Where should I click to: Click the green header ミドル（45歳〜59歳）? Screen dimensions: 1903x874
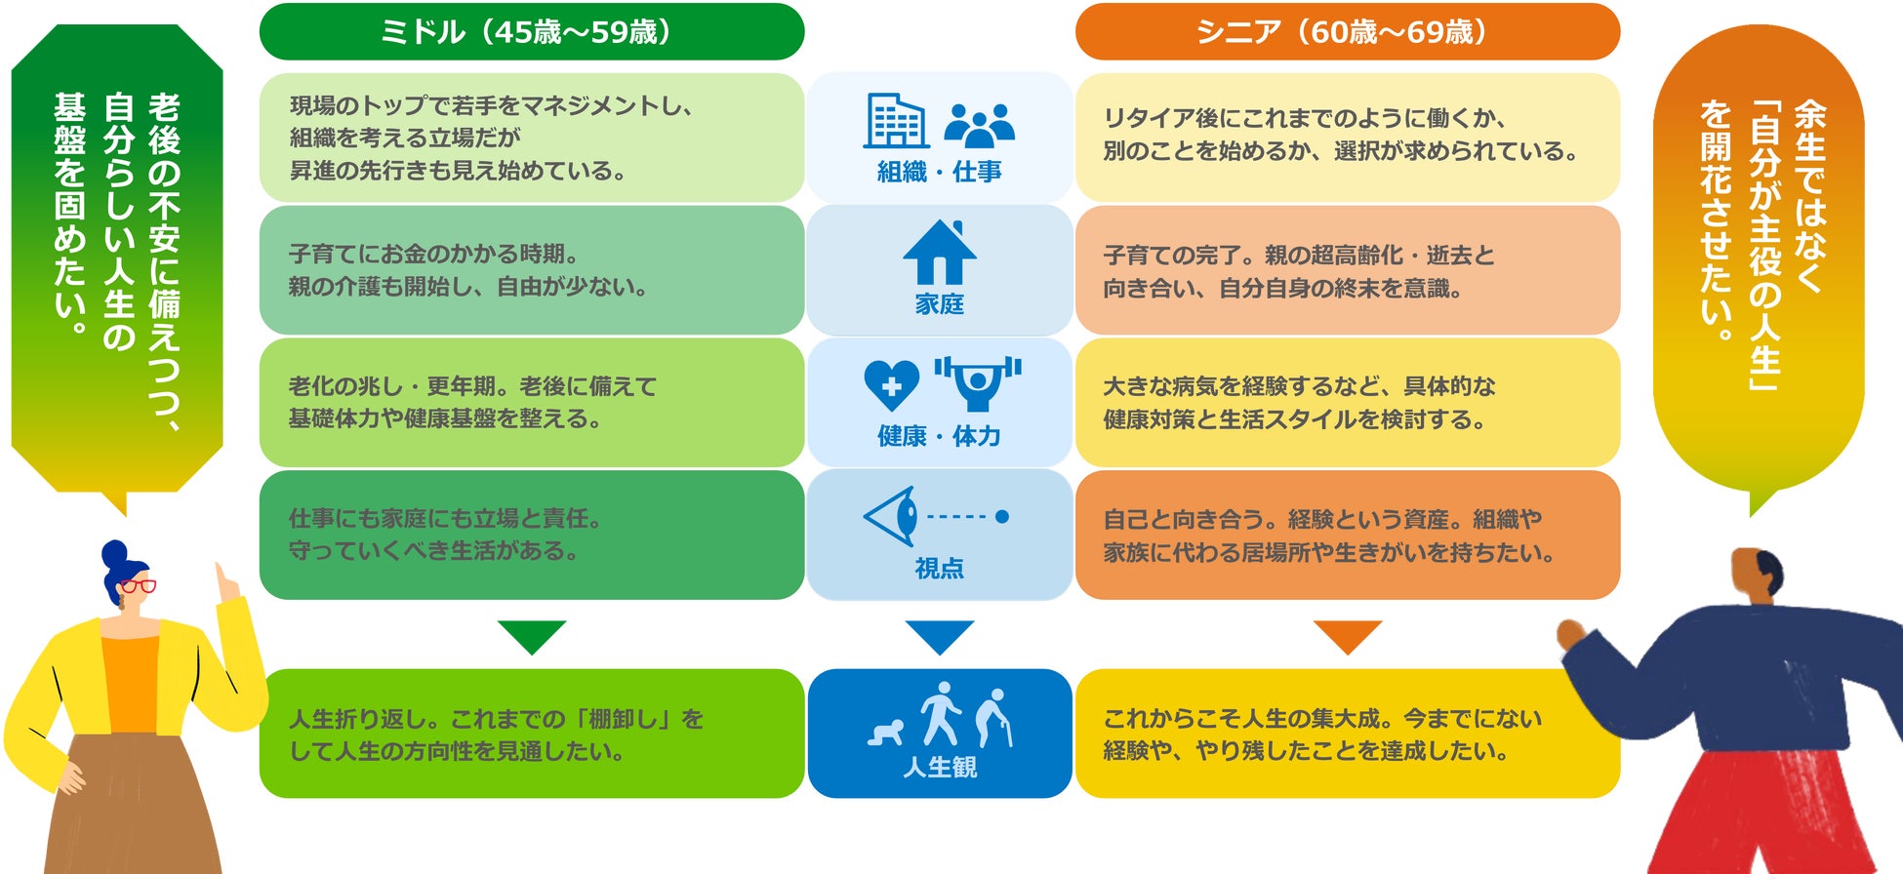tap(531, 31)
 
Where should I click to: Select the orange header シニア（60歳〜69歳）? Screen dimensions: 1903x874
tap(1347, 31)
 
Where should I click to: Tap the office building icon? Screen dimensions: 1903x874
tap(895, 121)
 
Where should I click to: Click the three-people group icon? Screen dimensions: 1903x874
tap(979, 125)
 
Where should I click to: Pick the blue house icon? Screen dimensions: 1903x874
tap(939, 253)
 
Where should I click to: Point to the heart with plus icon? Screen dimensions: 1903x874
tap(891, 384)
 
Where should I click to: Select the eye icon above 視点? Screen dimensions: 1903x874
tap(893, 516)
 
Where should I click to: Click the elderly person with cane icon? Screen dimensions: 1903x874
tap(995, 718)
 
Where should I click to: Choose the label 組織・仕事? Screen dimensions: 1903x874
tap(939, 173)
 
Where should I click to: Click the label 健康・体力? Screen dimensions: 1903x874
tap(939, 436)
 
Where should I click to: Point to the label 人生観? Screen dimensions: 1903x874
tap(939, 768)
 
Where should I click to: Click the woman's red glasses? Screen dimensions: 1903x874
tap(138, 586)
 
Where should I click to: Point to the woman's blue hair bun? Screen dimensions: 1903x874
tap(114, 552)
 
